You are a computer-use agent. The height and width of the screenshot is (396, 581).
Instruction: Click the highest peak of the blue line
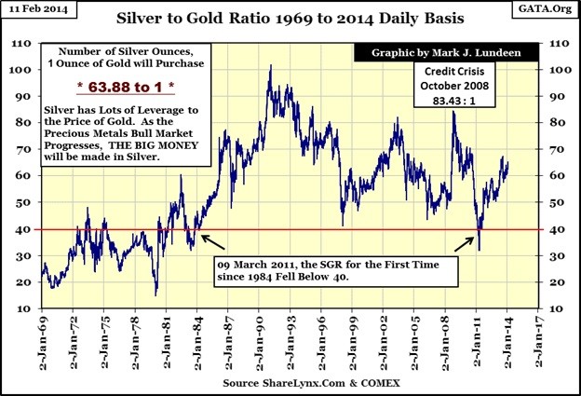270,66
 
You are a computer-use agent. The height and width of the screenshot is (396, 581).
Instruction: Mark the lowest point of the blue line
155,294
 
